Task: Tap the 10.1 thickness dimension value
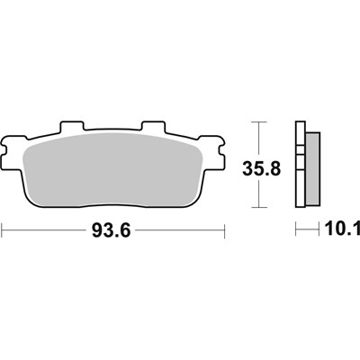(x=338, y=230)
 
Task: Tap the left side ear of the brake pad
(x=11, y=144)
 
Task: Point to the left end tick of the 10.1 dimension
(x=296, y=230)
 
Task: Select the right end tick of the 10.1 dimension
(x=319, y=230)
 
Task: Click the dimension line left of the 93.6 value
(x=45, y=230)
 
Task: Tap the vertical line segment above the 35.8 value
(x=258, y=137)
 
